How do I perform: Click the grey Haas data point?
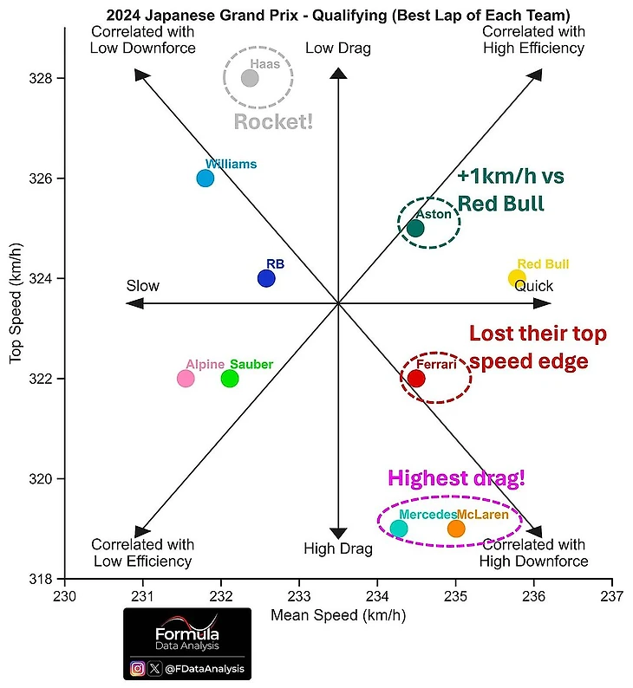click(x=250, y=78)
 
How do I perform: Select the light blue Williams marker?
click(x=206, y=178)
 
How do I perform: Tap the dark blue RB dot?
click(x=266, y=279)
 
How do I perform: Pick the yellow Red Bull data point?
click(x=517, y=279)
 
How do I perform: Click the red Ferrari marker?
click(x=416, y=379)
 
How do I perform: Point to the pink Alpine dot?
click(x=186, y=379)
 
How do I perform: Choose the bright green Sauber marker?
click(x=229, y=379)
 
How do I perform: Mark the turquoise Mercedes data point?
click(x=399, y=529)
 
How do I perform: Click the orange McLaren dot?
click(x=456, y=529)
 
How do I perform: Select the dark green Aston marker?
click(x=415, y=228)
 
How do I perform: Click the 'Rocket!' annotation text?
click(x=273, y=121)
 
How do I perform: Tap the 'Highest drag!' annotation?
click(x=456, y=477)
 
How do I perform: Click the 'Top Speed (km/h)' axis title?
click(x=16, y=303)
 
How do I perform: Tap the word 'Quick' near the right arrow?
click(x=533, y=287)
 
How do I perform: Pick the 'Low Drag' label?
click(x=338, y=49)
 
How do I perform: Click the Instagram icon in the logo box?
click(x=138, y=669)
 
